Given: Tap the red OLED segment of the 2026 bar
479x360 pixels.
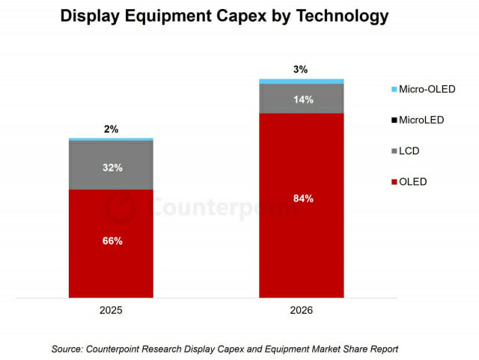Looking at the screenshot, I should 302,240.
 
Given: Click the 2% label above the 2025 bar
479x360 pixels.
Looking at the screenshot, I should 111,129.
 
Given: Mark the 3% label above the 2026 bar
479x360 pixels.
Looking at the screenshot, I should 301,70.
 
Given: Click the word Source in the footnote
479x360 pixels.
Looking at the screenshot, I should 68,349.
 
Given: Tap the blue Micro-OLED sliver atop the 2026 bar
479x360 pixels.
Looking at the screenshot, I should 302,81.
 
